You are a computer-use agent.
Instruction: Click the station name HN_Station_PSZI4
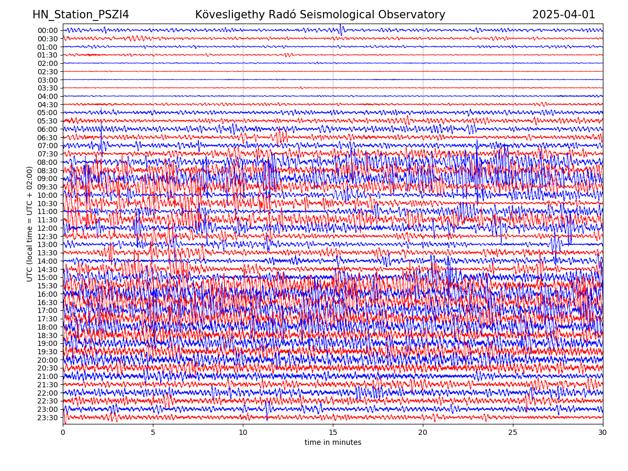[x=81, y=15]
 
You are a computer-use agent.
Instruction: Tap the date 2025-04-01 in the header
[x=564, y=15]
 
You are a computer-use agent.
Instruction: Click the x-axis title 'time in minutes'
[x=333, y=442]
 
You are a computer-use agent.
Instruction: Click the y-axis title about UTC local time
[x=30, y=223]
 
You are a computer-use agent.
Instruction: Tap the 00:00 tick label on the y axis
[x=48, y=30]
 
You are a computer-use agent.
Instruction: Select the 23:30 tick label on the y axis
[x=48, y=418]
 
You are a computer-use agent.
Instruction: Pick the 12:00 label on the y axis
[x=48, y=228]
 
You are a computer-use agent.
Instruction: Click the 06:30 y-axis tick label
[x=48, y=138]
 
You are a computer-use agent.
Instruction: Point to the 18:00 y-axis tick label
[x=48, y=327]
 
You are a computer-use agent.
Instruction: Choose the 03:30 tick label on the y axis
[x=48, y=88]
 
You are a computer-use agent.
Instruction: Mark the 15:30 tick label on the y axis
[x=48, y=286]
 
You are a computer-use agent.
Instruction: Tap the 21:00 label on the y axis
[x=48, y=376]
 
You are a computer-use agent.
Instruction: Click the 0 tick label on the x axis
[x=63, y=432]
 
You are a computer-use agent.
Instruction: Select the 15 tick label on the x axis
[x=333, y=432]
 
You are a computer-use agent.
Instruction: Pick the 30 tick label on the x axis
[x=603, y=432]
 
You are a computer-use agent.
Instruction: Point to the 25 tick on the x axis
[x=513, y=432]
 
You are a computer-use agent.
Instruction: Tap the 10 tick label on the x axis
[x=243, y=432]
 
